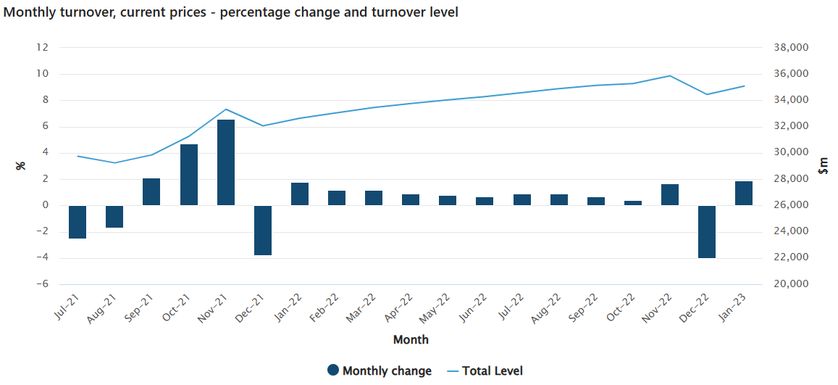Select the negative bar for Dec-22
(x=707, y=231)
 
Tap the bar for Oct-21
(x=189, y=175)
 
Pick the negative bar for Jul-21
(x=77, y=222)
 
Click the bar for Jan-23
(x=744, y=193)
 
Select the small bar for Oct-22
(x=633, y=203)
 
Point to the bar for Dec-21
(x=263, y=230)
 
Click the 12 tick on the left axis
(x=42, y=48)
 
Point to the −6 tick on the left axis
(x=42, y=283)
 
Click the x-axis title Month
(x=411, y=339)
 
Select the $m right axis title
(x=823, y=166)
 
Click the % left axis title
(x=21, y=166)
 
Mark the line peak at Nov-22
(x=670, y=75)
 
